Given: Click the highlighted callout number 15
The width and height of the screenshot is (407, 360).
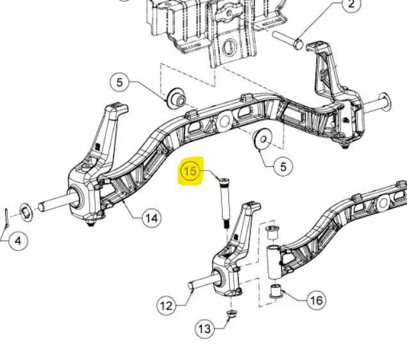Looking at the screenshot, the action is pyautogui.click(x=190, y=171).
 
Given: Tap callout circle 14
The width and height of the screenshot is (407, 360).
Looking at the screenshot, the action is pyautogui.click(x=152, y=218).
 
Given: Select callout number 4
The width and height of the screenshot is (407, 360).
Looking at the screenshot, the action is pyautogui.click(x=18, y=241).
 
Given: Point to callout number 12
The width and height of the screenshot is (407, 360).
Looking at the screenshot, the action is pyautogui.click(x=166, y=306).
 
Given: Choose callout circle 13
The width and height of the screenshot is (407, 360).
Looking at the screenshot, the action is pyautogui.click(x=205, y=329).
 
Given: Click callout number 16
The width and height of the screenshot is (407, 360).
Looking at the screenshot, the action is pyautogui.click(x=316, y=301).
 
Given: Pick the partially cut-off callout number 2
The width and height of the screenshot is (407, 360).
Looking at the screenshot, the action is pyautogui.click(x=351, y=4).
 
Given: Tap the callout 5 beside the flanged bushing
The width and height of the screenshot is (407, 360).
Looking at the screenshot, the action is pyautogui.click(x=120, y=82).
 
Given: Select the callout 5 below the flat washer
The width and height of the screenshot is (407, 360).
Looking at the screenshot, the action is pyautogui.click(x=283, y=166).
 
